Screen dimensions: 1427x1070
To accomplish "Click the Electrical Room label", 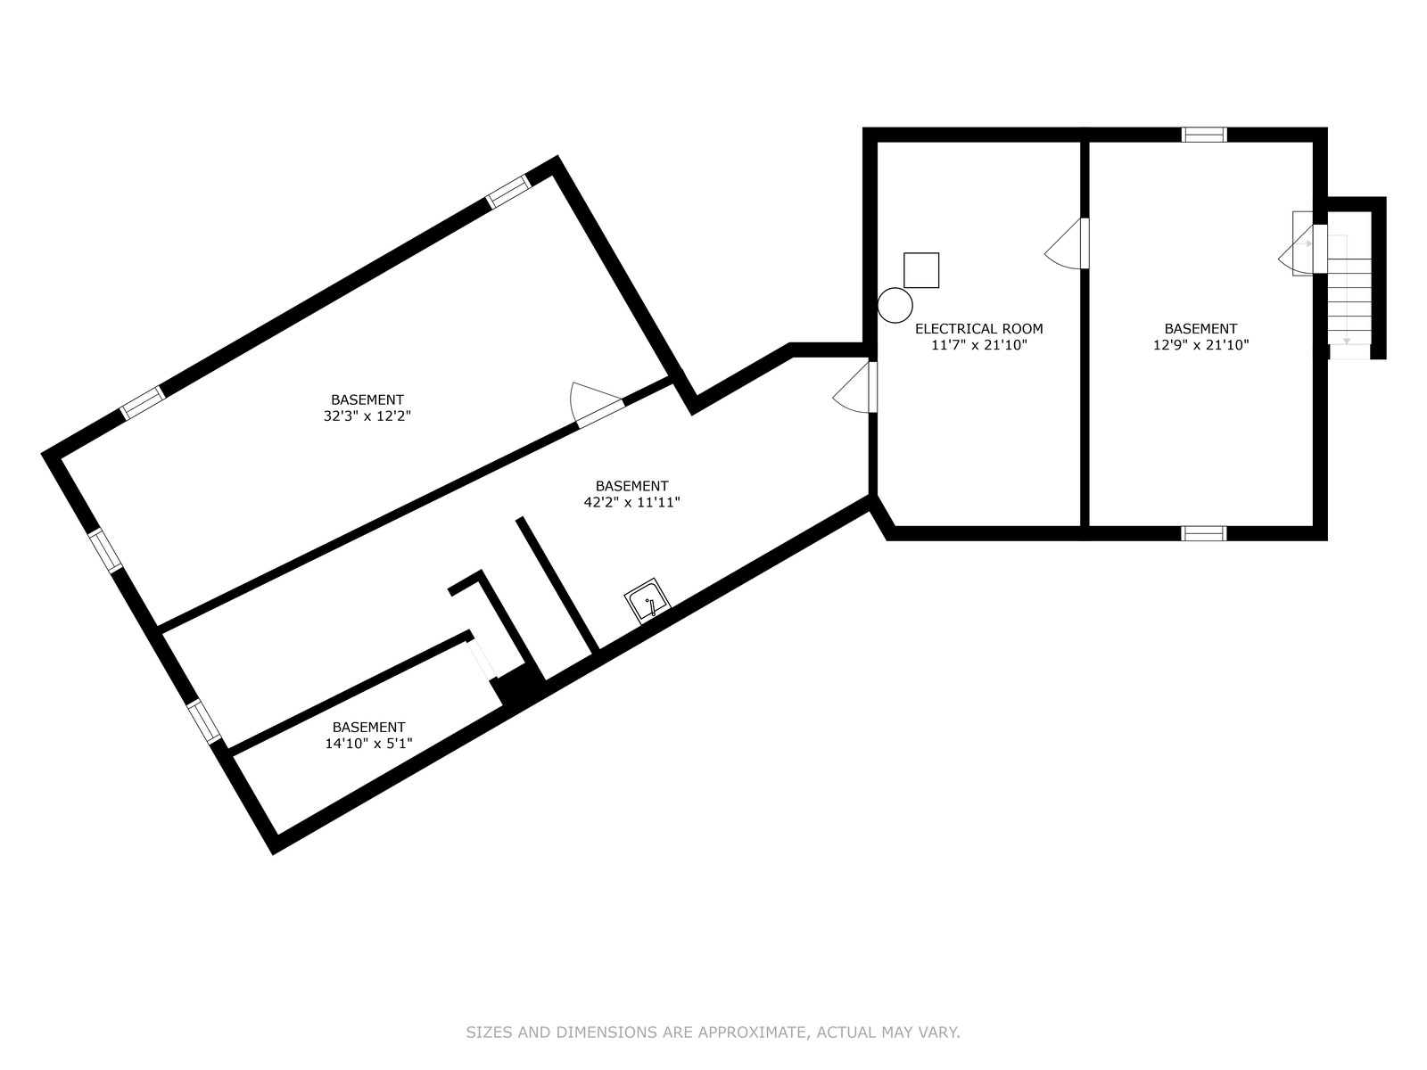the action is pyautogui.click(x=978, y=329).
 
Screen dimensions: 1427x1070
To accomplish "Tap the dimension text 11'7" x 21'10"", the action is pyautogui.click(x=979, y=345).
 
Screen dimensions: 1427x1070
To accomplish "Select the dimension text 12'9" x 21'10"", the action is pyautogui.click(x=1200, y=345).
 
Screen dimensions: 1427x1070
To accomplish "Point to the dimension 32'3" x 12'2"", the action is pyautogui.click(x=367, y=416).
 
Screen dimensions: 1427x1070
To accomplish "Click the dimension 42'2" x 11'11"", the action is pyautogui.click(x=632, y=502).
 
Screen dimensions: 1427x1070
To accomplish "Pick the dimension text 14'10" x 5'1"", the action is pyautogui.click(x=368, y=744).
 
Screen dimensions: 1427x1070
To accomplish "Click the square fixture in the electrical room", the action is pyautogui.click(x=921, y=270).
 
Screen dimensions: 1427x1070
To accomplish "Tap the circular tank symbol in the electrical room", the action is pyautogui.click(x=895, y=305).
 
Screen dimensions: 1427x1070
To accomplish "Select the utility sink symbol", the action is pyautogui.click(x=648, y=601).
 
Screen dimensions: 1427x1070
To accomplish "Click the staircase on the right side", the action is pyautogui.click(x=1349, y=296).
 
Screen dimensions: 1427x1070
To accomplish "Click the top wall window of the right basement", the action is pyautogui.click(x=1204, y=135).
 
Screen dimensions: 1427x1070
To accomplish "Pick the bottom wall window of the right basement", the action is pyautogui.click(x=1204, y=533).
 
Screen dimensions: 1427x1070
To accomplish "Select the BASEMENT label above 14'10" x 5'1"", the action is pyautogui.click(x=368, y=727).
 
